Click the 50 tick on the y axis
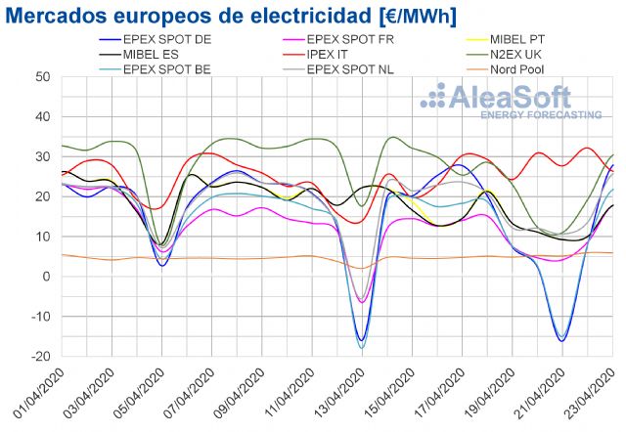(x=42, y=76)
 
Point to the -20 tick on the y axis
(x=39, y=357)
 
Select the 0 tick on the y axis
(x=46, y=277)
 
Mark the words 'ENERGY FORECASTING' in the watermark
(x=540, y=115)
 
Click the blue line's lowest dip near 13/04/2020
(x=361, y=340)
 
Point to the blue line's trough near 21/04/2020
(x=561, y=340)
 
